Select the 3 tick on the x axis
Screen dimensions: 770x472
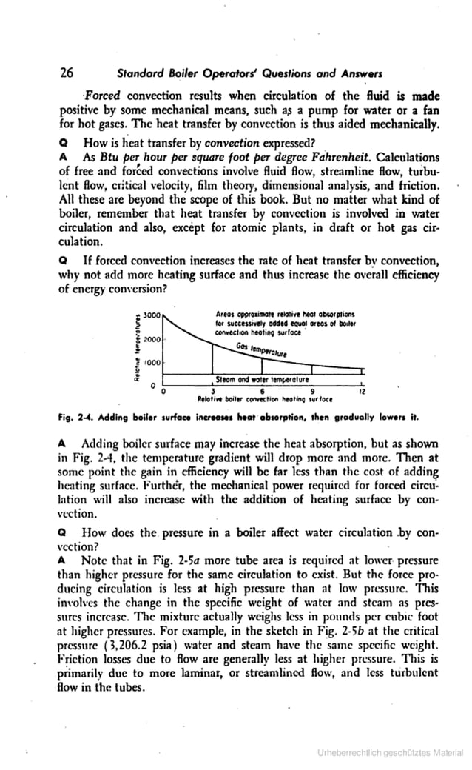(x=213, y=392)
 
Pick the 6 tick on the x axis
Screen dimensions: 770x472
(x=263, y=392)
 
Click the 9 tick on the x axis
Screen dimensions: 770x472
(x=312, y=392)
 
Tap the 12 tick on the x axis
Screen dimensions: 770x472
(x=361, y=392)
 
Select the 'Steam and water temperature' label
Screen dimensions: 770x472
(x=256, y=378)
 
